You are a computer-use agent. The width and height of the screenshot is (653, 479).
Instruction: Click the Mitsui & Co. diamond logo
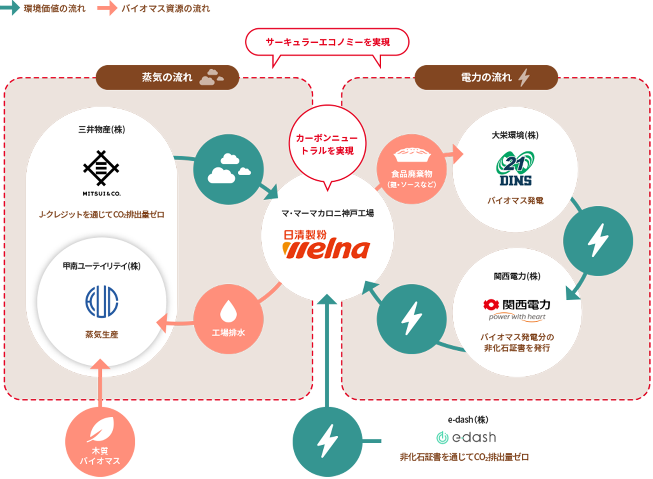[101, 168]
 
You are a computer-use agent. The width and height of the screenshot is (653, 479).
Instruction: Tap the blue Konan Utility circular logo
[102, 302]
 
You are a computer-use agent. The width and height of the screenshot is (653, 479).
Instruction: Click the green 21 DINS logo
[515, 168]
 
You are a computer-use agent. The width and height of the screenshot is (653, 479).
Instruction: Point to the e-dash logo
[466, 438]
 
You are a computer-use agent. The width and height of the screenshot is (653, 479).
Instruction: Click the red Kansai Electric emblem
[491, 305]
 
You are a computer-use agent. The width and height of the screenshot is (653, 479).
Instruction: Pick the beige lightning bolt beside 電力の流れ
[524, 77]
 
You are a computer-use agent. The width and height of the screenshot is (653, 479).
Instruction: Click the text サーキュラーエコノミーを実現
[327, 42]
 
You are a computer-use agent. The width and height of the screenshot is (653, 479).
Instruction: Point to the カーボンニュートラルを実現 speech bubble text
[327, 144]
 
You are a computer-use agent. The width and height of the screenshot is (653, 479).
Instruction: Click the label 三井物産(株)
[102, 130]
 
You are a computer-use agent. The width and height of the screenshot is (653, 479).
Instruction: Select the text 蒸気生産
[102, 334]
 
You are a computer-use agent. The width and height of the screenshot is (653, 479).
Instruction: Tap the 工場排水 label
[228, 333]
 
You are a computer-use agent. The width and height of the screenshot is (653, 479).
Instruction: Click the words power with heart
[517, 317]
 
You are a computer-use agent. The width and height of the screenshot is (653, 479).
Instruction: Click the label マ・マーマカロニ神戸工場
[327, 213]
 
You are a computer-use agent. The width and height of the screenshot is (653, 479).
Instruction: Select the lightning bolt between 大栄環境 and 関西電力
[598, 240]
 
